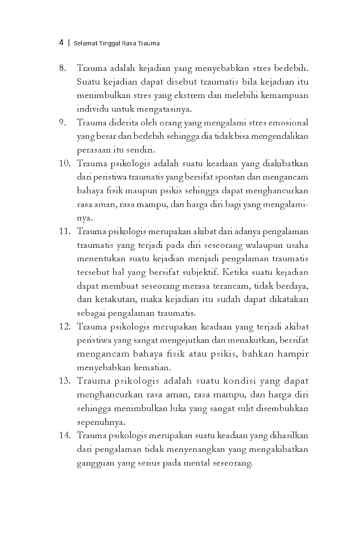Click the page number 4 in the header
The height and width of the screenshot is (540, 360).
click(61, 43)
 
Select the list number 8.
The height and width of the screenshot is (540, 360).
click(63, 69)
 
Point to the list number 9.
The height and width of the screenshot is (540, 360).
click(63, 123)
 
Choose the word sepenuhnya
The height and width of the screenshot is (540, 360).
click(101, 422)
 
